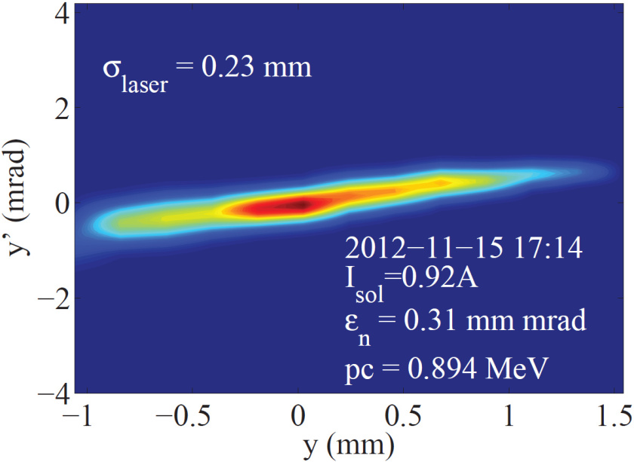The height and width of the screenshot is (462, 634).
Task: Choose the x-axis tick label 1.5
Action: coord(613,416)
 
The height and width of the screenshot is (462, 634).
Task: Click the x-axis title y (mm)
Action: coord(349,447)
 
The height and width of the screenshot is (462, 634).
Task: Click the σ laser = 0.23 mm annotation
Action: coord(207,72)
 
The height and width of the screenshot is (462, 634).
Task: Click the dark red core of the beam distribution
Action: coord(300,203)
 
